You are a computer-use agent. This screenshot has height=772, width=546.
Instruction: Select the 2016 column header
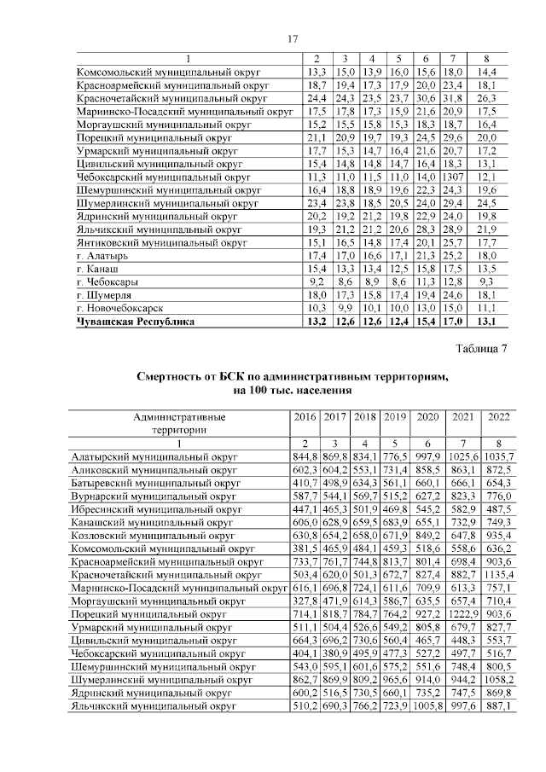click(305, 417)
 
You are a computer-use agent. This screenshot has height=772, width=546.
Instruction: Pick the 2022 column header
click(497, 417)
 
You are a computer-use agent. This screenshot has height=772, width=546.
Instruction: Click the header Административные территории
click(179, 424)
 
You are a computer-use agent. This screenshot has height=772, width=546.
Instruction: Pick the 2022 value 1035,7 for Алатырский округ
click(497, 457)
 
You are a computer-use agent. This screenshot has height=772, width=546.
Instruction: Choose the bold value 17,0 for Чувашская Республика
click(453, 322)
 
